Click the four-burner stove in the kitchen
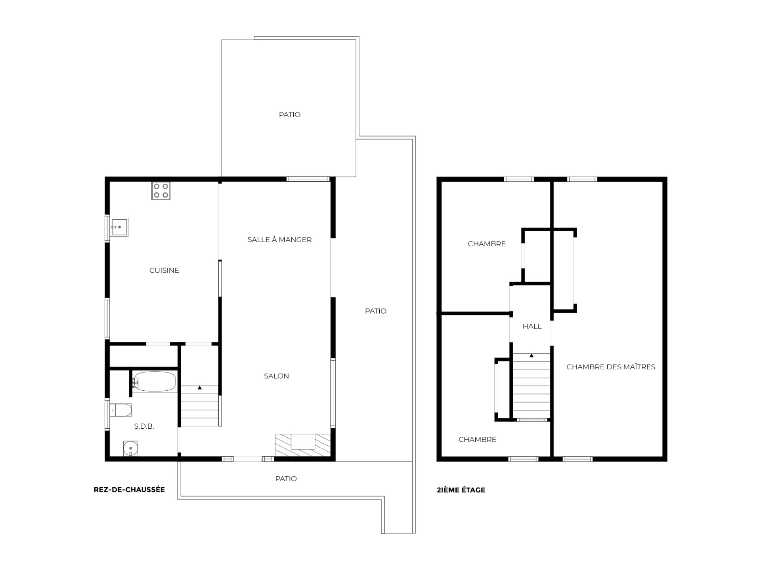click(161, 191)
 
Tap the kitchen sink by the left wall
click(119, 227)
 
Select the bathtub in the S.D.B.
click(155, 382)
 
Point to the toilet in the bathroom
click(120, 410)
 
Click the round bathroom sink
click(130, 448)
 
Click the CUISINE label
click(164, 270)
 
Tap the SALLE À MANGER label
click(279, 239)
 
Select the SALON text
click(276, 376)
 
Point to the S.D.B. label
click(144, 426)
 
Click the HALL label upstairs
click(532, 326)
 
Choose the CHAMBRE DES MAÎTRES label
click(611, 367)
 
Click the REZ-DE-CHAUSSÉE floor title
click(129, 490)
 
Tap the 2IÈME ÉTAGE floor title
click(461, 490)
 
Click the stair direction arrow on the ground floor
click(200, 388)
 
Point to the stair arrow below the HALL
click(532, 355)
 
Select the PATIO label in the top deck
click(290, 114)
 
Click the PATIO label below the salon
click(286, 479)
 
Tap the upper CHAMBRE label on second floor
click(487, 244)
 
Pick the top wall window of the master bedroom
click(582, 179)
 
